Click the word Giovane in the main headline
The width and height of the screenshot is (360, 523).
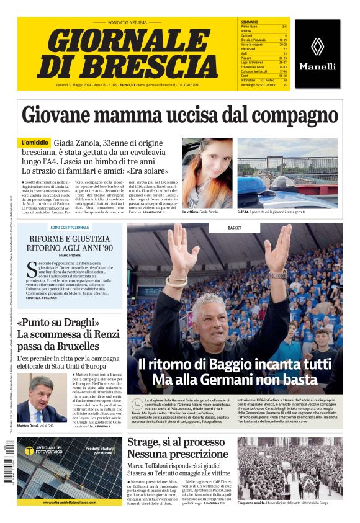[x=64, y=115]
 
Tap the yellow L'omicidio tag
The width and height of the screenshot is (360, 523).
[x=35, y=143]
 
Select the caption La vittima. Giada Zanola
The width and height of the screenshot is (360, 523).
[x=200, y=212]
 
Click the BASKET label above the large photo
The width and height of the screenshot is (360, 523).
[x=234, y=228]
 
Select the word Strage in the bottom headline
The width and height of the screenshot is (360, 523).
[x=147, y=443]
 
